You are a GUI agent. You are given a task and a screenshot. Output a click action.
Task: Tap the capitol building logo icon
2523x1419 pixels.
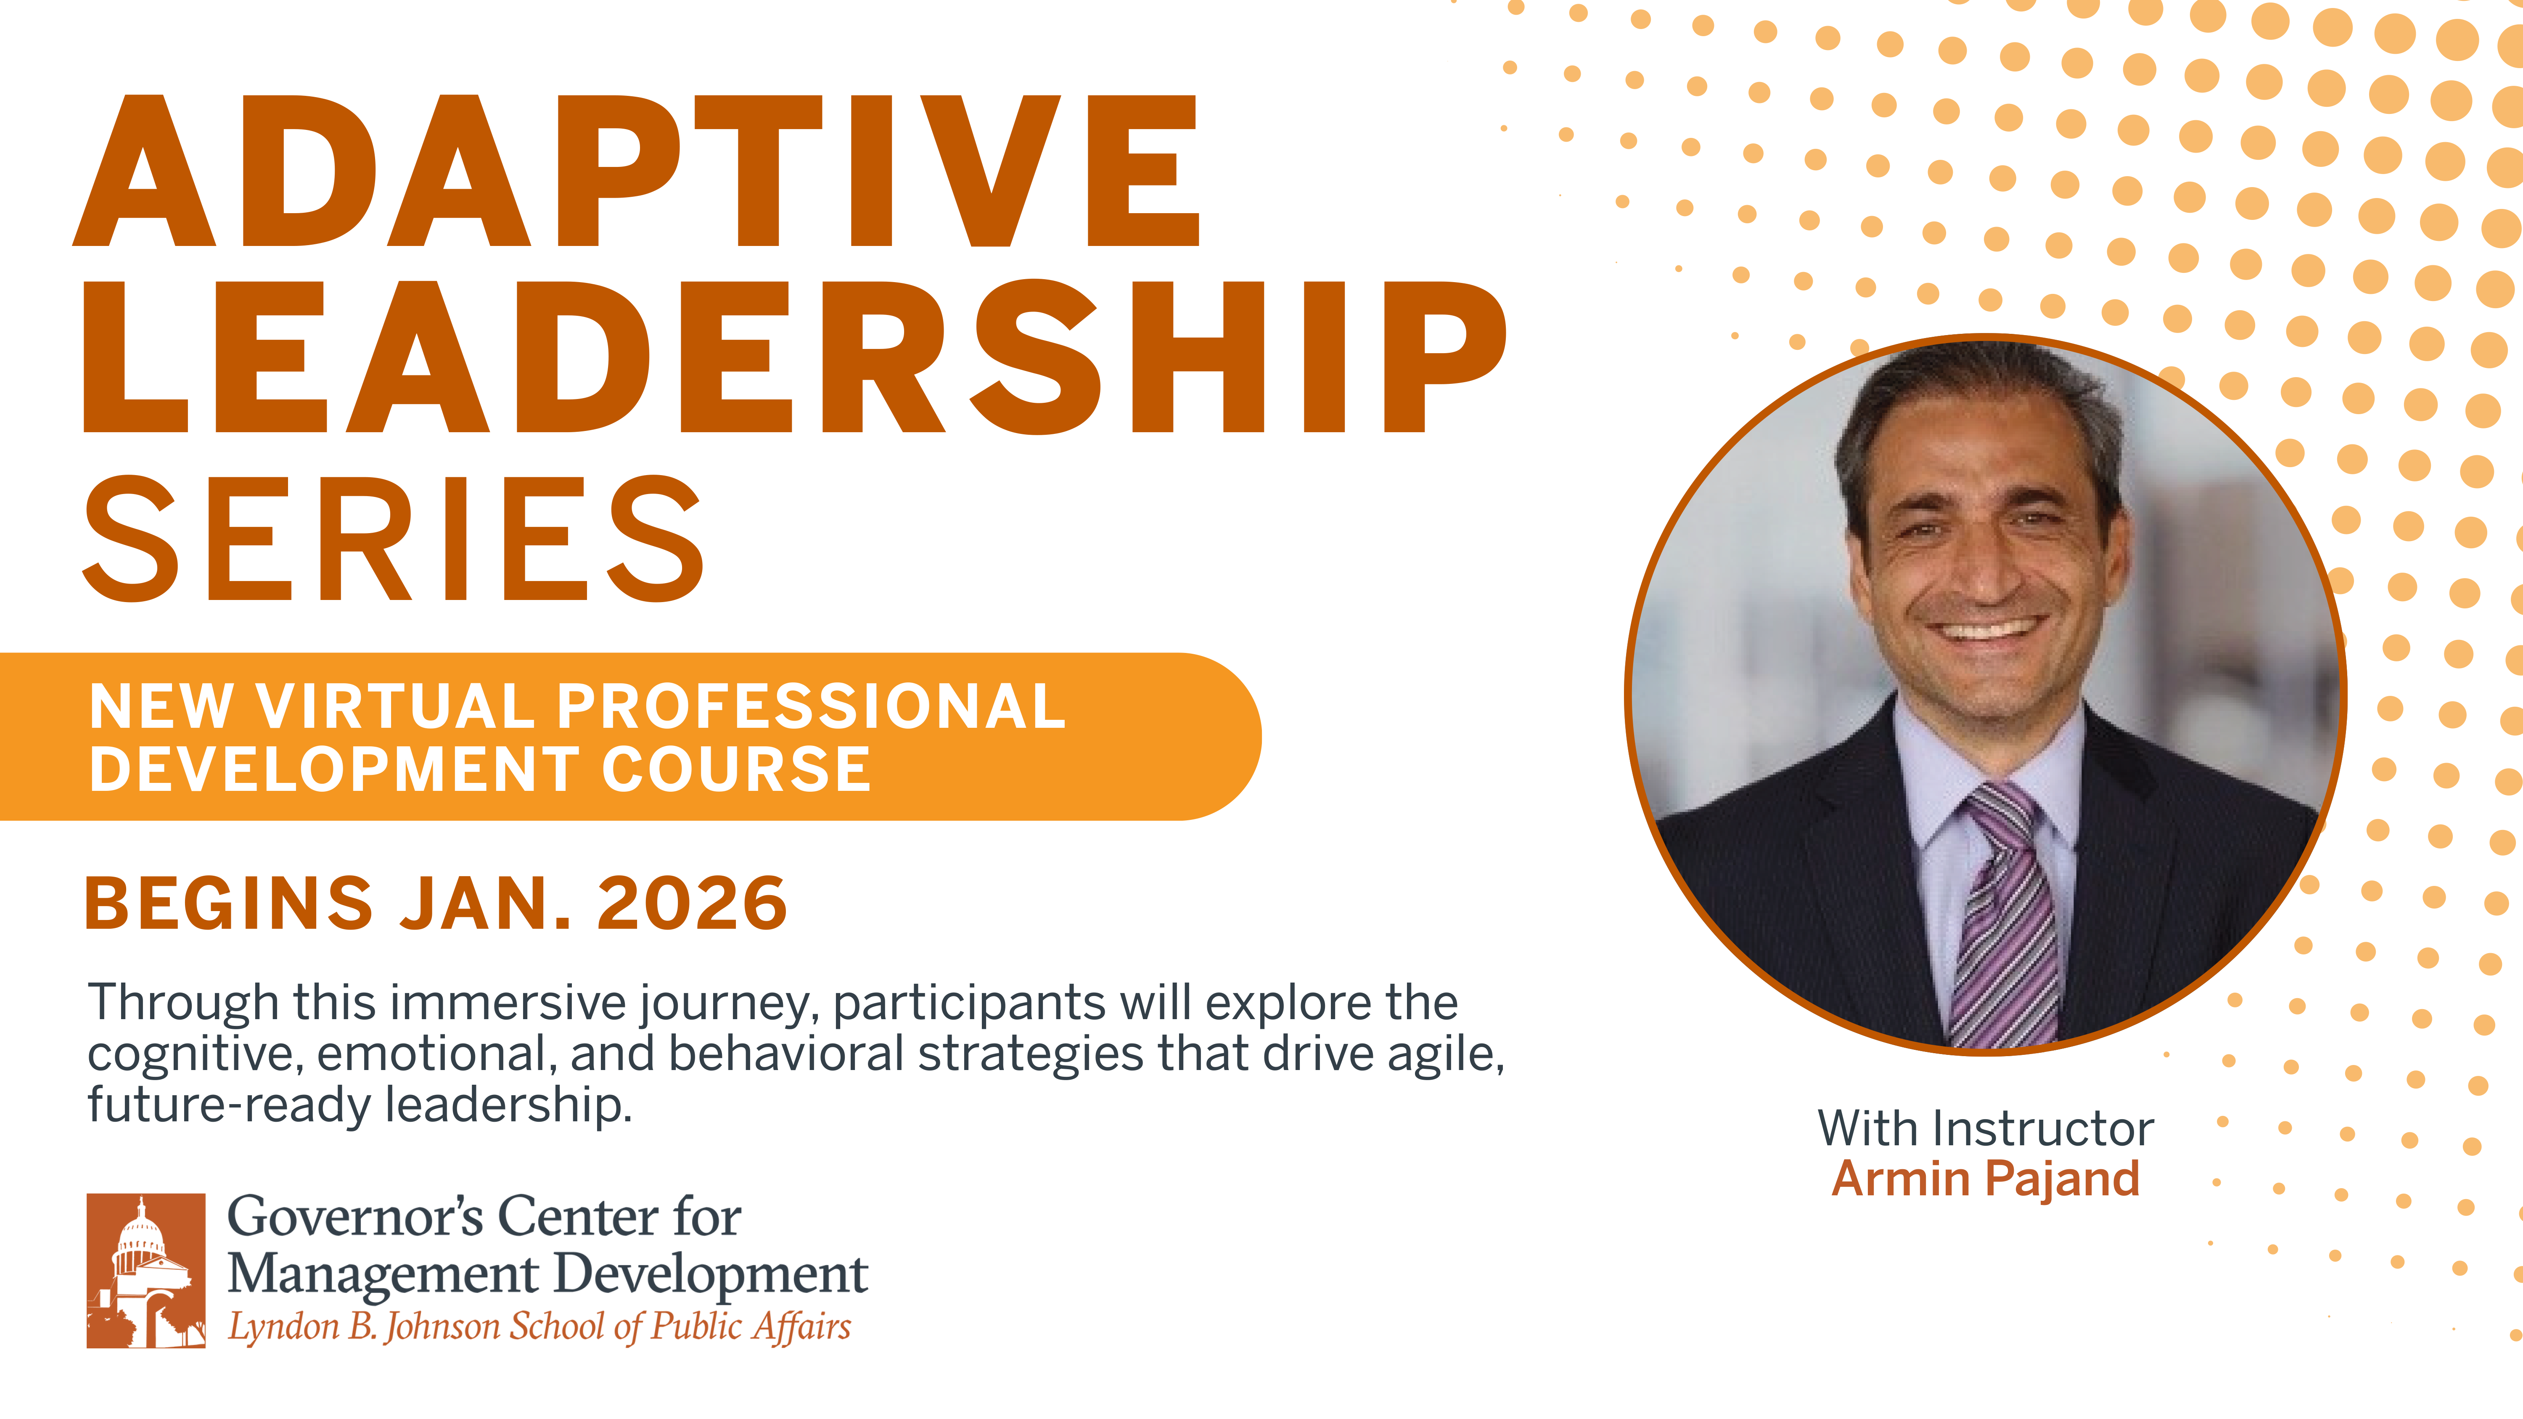tap(146, 1270)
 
